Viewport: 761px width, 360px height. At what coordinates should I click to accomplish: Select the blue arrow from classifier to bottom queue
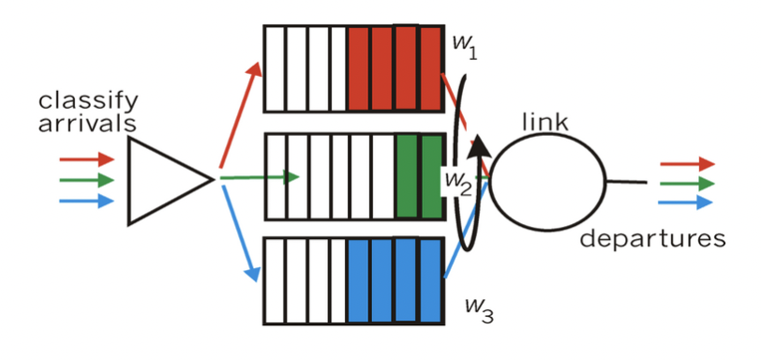click(x=239, y=234)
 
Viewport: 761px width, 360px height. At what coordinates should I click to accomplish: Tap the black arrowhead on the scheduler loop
click(x=478, y=144)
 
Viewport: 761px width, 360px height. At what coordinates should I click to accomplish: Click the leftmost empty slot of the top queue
click(x=274, y=68)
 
